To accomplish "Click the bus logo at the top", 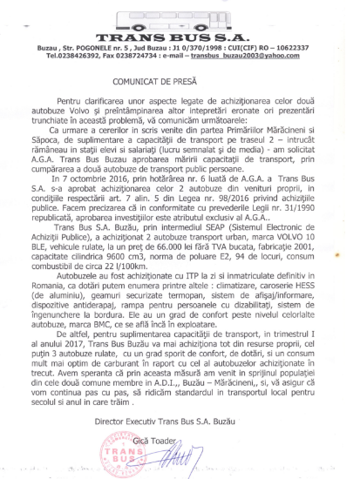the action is pyautogui.click(x=179, y=18).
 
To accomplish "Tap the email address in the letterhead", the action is pyautogui.click(x=262, y=56).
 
